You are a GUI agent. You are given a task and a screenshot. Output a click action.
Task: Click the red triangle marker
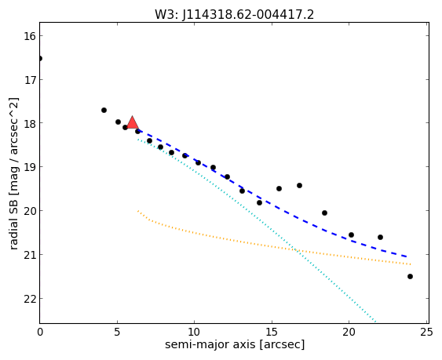pyautogui.click(x=132, y=122)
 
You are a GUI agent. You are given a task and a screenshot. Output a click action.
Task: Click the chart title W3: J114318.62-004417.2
pyautogui.click(x=234, y=15)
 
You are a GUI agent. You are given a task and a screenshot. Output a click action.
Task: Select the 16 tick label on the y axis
pyautogui.click(x=29, y=36)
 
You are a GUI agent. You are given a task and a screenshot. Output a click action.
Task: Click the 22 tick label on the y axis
pyautogui.click(x=29, y=299)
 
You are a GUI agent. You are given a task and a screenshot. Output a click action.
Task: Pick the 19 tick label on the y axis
pyautogui.click(x=29, y=167)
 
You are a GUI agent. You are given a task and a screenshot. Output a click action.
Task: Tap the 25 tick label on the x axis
pyautogui.click(x=426, y=333)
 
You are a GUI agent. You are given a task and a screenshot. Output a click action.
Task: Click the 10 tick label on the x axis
pyautogui.click(x=194, y=333)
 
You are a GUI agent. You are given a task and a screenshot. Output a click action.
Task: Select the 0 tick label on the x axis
pyautogui.click(x=40, y=333)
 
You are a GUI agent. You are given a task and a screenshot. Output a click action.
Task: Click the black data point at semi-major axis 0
pyautogui.click(x=40, y=59)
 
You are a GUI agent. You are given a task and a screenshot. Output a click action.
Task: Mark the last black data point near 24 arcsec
pyautogui.click(x=410, y=277)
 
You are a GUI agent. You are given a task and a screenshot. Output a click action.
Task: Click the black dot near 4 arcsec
pyautogui.click(x=104, y=110)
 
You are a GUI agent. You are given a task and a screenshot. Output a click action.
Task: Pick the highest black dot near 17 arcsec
pyautogui.click(x=299, y=186)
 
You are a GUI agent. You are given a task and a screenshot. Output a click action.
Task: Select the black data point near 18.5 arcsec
pyautogui.click(x=324, y=213)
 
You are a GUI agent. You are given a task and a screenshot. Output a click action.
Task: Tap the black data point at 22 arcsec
pyautogui.click(x=380, y=237)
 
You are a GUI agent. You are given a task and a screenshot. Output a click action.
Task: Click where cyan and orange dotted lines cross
pyautogui.click(x=296, y=250)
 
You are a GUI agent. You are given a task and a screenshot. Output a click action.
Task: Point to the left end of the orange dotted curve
pyautogui.click(x=138, y=211)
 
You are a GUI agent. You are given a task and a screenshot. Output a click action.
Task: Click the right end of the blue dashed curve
pyautogui.click(x=407, y=256)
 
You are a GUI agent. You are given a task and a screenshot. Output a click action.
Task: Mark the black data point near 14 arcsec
pyautogui.click(x=259, y=203)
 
